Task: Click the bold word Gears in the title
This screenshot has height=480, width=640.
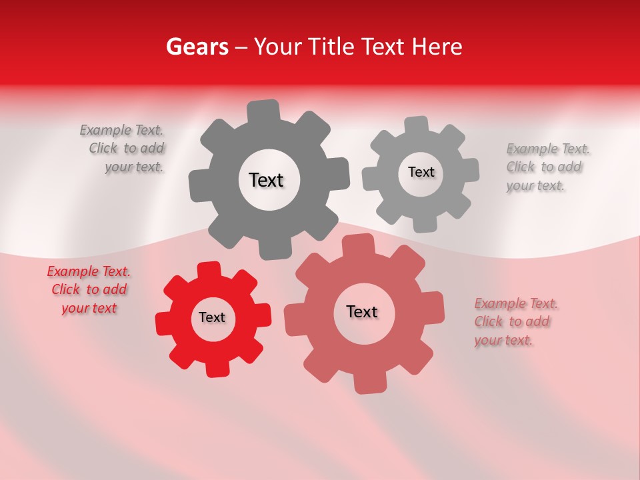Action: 197,47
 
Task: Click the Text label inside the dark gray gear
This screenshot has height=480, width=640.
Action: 266,180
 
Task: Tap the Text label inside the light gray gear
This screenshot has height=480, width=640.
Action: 421,172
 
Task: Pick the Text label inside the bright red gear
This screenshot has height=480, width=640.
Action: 212,317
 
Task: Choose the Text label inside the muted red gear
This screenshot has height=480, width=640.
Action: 362,311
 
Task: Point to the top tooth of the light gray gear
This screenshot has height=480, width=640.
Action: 417,125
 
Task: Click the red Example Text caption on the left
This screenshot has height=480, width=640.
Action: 89,290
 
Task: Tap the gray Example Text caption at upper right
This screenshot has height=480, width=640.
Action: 547,167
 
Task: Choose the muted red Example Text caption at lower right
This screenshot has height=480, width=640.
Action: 515,322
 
